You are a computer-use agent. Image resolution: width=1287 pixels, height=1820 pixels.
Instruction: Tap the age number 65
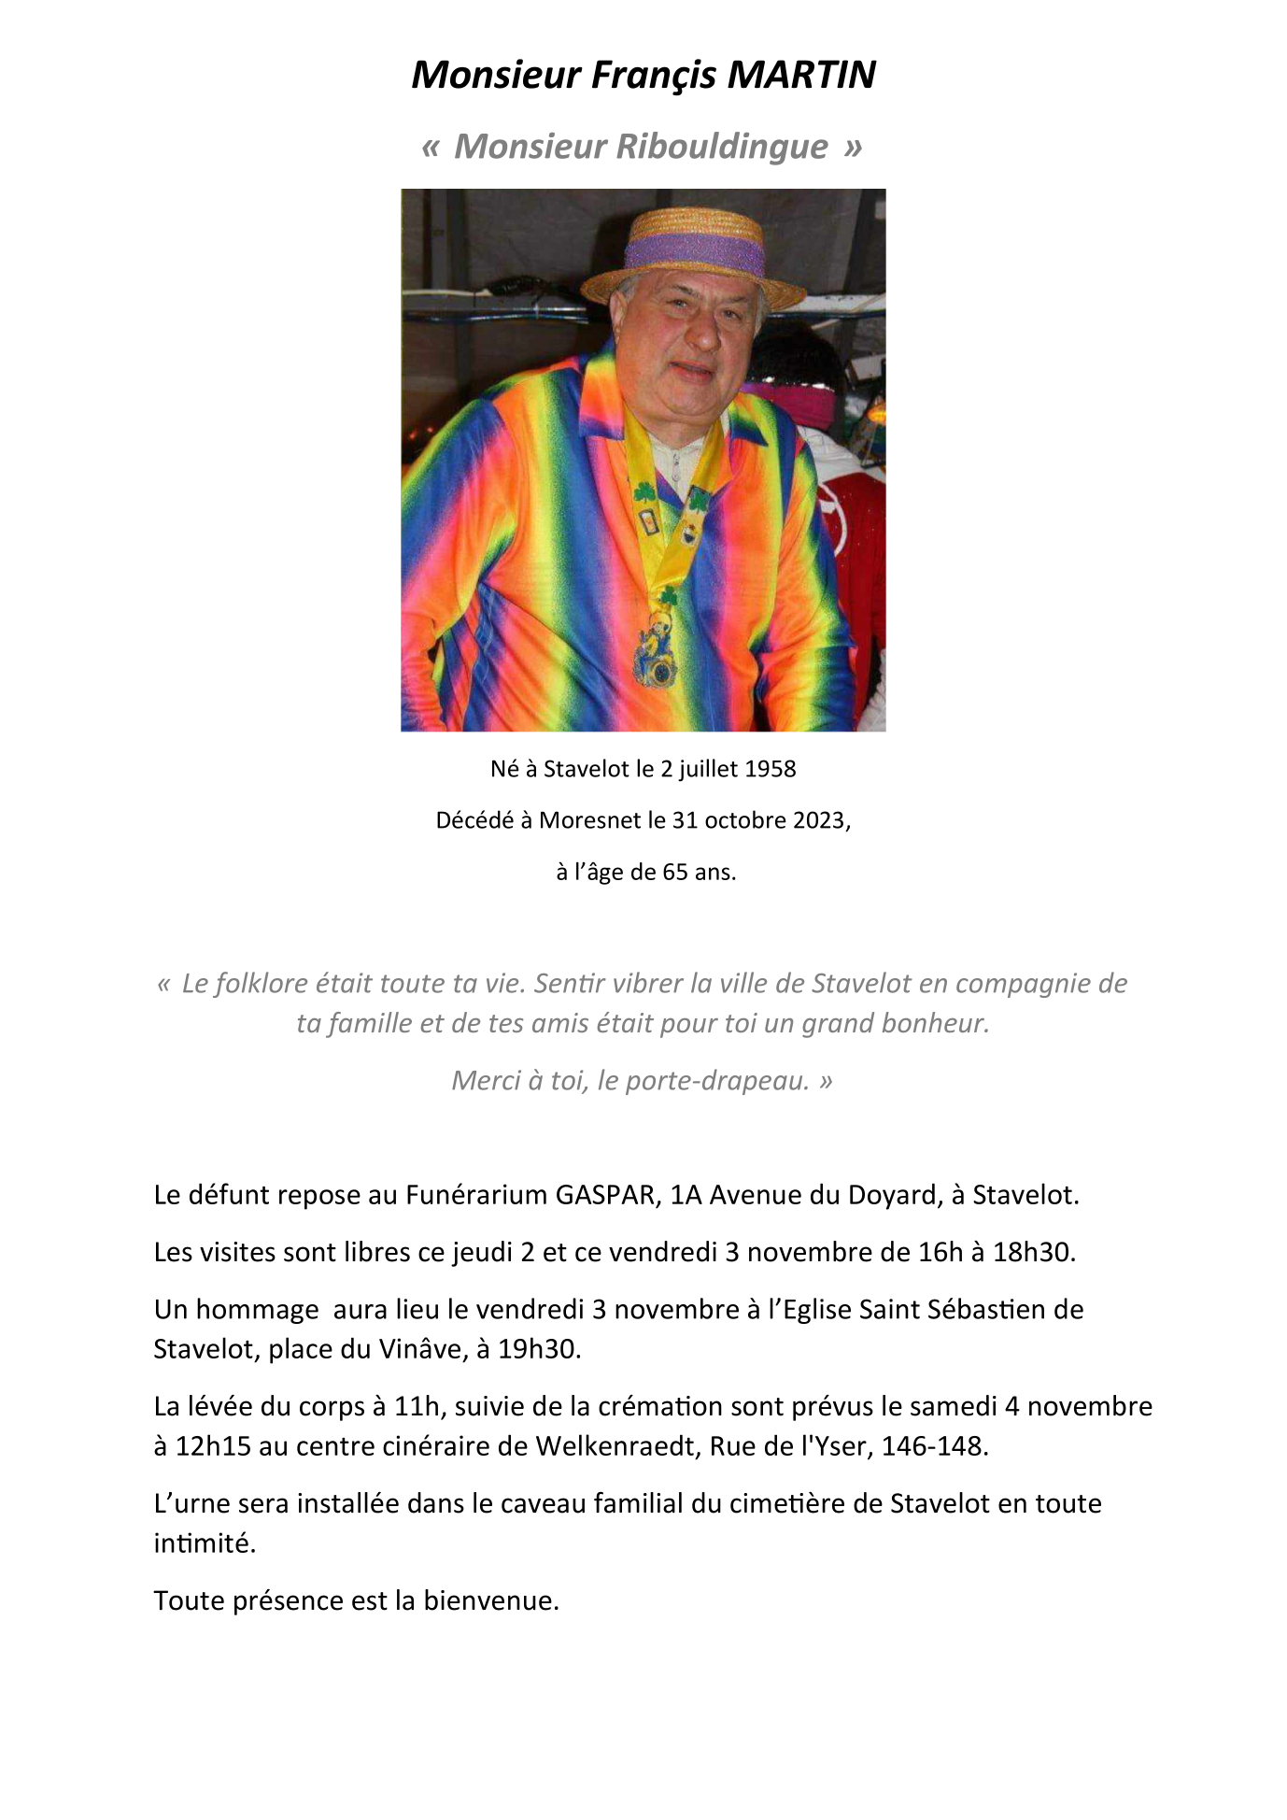click(675, 872)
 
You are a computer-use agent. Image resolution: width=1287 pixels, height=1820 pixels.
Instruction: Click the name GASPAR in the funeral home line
click(605, 1195)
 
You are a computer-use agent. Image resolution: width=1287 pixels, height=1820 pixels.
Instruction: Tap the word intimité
click(205, 1543)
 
